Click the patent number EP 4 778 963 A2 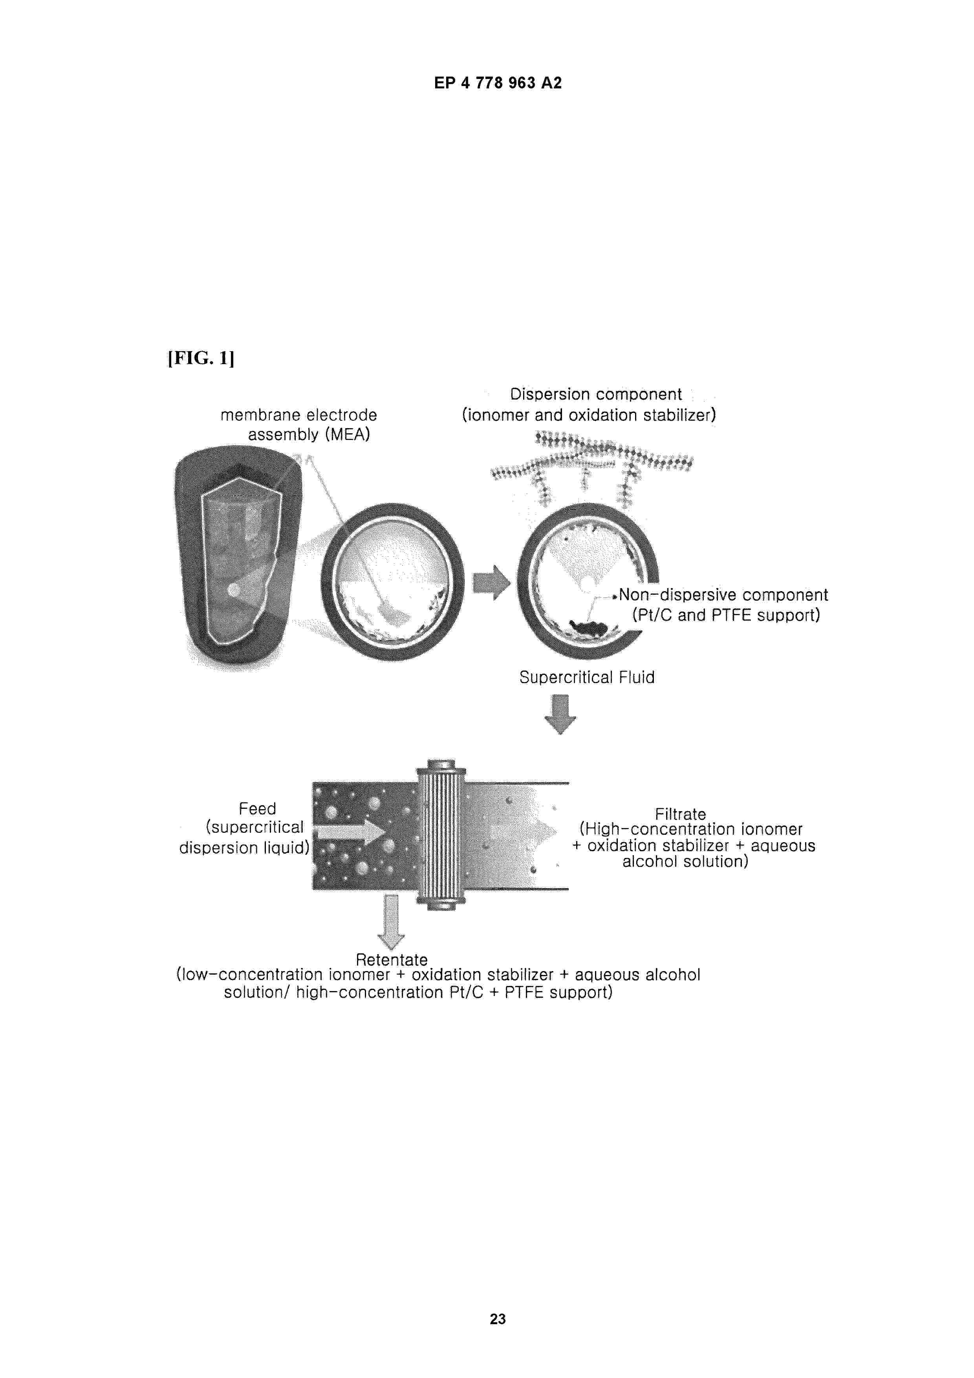(x=498, y=83)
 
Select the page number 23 (x=498, y=1319)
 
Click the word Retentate (x=391, y=959)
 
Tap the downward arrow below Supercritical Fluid (x=560, y=714)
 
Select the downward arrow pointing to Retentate (x=391, y=922)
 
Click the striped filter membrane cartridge (x=441, y=834)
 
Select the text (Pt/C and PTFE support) (x=725, y=615)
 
